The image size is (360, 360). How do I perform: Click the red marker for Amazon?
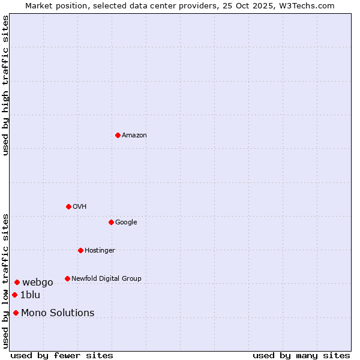pyautogui.click(x=118, y=135)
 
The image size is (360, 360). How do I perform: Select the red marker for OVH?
pyautogui.click(x=68, y=206)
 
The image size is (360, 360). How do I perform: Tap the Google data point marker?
pyautogui.click(x=111, y=222)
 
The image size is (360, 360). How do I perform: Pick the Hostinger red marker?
pyautogui.click(x=80, y=250)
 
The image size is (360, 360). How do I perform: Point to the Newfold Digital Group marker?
pyautogui.click(x=67, y=278)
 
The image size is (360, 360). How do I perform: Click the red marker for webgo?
pyautogui.click(x=17, y=282)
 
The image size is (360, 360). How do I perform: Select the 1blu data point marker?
pyautogui.click(x=14, y=295)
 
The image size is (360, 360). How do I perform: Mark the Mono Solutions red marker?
pyautogui.click(x=16, y=313)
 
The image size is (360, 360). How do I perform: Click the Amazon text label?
pyautogui.click(x=134, y=136)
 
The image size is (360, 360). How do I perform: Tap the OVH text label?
pyautogui.click(x=80, y=207)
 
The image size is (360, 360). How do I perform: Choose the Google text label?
pyautogui.click(x=126, y=223)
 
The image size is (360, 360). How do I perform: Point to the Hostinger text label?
pyautogui.click(x=100, y=251)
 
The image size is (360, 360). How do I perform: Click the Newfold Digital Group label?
pyautogui.click(x=106, y=279)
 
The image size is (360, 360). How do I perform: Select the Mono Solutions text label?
pyautogui.click(x=58, y=313)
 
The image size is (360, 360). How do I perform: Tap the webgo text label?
pyautogui.click(x=38, y=283)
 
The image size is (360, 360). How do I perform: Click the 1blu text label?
pyautogui.click(x=30, y=295)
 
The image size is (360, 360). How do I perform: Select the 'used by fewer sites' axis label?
pyautogui.click(x=62, y=355)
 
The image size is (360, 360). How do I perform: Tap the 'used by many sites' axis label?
pyautogui.click(x=301, y=355)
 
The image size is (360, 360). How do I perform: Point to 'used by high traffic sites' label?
pyautogui.click(x=6, y=85)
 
